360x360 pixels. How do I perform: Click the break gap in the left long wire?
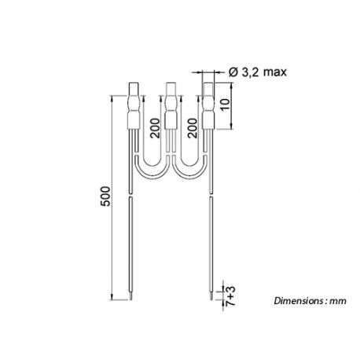point(134,196)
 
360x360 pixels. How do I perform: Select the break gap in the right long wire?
point(212,196)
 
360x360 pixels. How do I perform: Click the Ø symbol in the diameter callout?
point(233,72)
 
